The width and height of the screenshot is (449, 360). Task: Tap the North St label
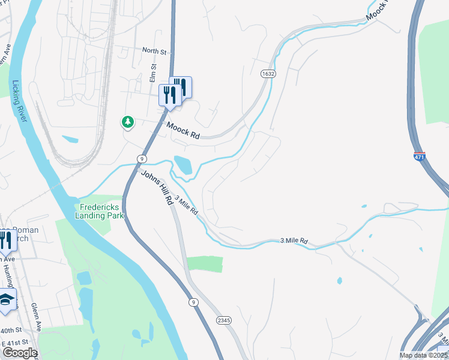(154, 51)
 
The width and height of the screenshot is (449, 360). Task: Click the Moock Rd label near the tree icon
(182, 131)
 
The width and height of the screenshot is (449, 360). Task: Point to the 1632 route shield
(268, 73)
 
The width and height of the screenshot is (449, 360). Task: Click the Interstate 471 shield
(419, 157)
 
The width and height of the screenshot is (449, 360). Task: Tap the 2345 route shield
(223, 322)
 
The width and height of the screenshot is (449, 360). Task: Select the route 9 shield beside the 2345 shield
(193, 302)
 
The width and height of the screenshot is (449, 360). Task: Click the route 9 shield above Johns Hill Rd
(141, 158)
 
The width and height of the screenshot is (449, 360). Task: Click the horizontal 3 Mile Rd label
(294, 241)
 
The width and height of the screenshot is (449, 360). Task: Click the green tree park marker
(127, 122)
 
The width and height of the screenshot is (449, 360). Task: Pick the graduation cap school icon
(6, 300)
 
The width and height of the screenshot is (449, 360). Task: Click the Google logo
(20, 353)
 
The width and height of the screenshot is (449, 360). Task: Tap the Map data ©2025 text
(423, 355)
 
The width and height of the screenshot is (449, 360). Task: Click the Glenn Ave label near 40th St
(37, 317)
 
